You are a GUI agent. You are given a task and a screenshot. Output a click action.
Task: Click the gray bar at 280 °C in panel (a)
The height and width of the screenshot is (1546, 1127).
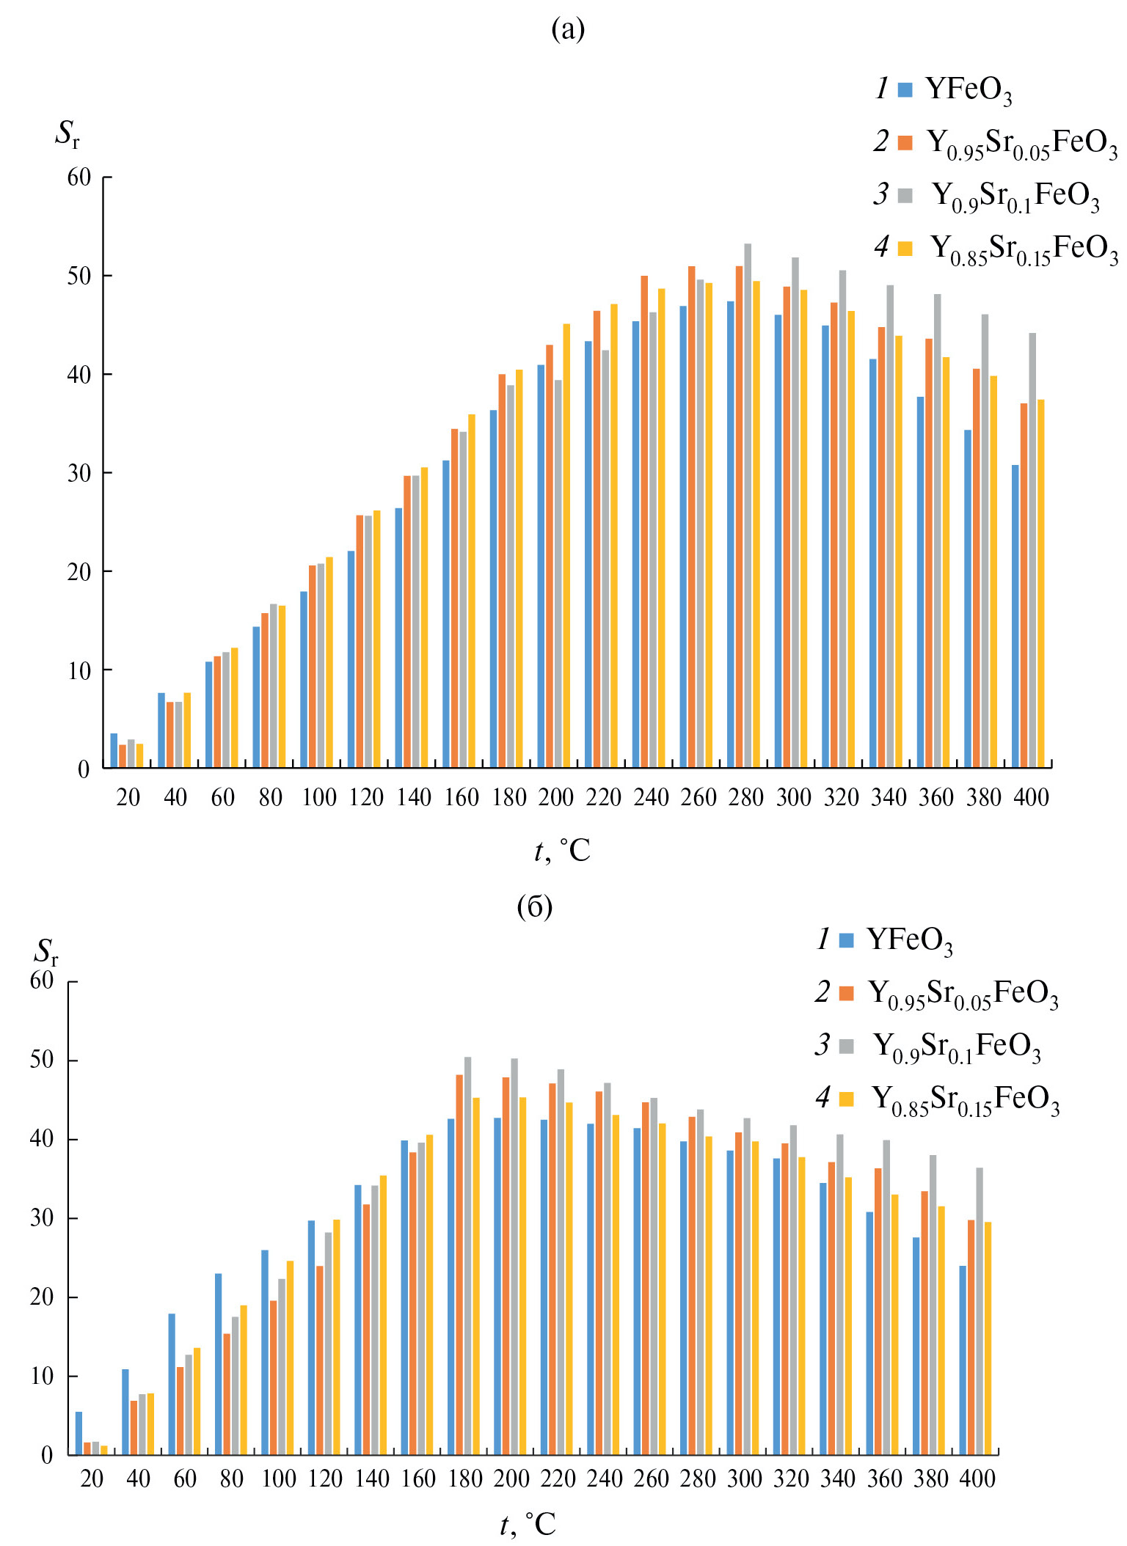click(x=748, y=506)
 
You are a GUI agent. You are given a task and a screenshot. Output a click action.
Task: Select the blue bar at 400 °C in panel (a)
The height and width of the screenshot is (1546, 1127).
click(x=1015, y=616)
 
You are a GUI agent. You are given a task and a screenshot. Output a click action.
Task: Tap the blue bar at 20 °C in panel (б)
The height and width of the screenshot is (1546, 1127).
click(x=79, y=1433)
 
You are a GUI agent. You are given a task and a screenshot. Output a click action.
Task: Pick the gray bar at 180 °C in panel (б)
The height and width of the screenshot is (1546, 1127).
click(x=468, y=1256)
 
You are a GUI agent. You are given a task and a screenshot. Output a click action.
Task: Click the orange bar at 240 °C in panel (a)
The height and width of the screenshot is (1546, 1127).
click(x=644, y=521)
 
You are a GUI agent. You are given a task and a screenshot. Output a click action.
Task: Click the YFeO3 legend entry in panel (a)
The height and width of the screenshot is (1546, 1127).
click(x=969, y=89)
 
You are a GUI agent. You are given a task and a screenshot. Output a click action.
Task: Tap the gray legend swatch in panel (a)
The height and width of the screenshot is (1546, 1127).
click(x=905, y=196)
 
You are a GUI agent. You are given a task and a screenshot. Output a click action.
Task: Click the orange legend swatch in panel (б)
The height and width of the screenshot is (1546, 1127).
click(x=847, y=993)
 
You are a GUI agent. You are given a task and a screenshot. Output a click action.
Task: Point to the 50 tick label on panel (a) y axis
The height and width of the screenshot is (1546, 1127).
click(x=79, y=276)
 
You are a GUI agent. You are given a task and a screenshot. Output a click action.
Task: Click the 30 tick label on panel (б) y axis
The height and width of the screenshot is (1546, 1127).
click(x=43, y=1217)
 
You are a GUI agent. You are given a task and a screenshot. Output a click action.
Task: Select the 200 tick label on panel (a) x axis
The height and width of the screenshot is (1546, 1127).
click(x=556, y=797)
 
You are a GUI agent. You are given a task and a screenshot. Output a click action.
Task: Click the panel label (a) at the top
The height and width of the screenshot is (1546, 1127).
click(x=568, y=29)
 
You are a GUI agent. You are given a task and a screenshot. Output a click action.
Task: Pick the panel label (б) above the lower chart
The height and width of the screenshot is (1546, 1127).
click(x=534, y=907)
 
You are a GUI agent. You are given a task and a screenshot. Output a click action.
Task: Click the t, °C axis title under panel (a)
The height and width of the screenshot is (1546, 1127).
click(x=562, y=851)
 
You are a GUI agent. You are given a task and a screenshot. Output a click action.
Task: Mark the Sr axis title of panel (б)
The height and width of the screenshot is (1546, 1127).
click(x=45, y=952)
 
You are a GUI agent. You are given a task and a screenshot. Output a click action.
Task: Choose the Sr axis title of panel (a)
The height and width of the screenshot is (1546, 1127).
click(x=67, y=134)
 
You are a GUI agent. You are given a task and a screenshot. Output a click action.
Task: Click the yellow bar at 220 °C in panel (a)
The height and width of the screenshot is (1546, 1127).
click(x=614, y=535)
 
